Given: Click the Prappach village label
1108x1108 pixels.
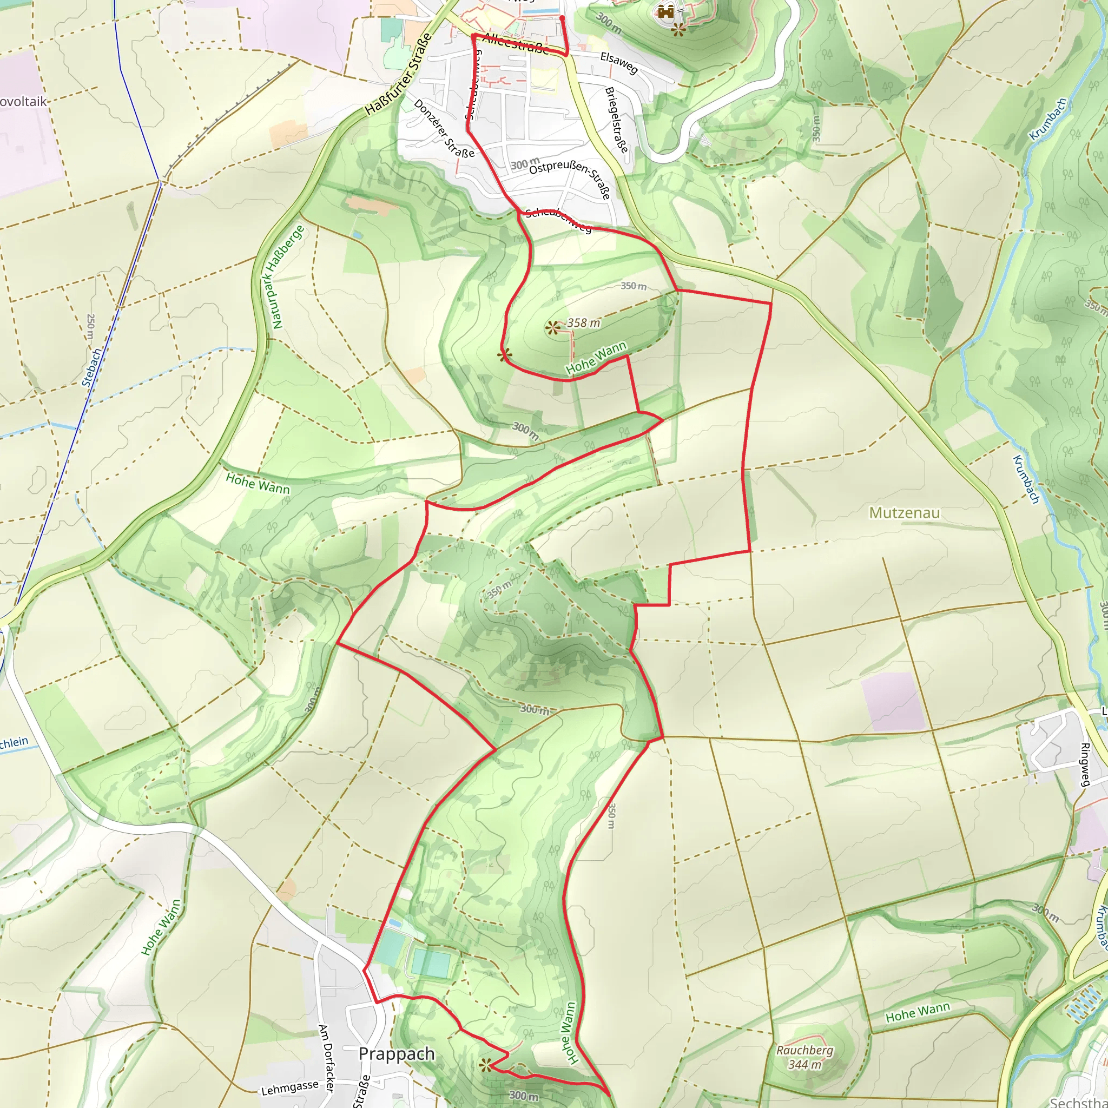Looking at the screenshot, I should (396, 1054).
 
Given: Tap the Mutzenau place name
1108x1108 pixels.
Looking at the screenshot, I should (905, 512).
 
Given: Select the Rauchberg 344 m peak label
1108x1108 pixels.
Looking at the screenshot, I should (804, 1058).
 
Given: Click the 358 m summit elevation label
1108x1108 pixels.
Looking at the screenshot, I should (584, 323).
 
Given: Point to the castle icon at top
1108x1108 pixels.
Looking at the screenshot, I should (665, 11).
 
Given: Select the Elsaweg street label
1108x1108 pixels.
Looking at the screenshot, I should (619, 63).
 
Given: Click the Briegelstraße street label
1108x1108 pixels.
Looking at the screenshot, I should (617, 120).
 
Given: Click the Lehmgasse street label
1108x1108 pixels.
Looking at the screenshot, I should (289, 1087).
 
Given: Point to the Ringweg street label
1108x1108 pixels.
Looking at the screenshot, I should (1085, 764).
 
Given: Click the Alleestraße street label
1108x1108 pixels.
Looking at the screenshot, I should (515, 44).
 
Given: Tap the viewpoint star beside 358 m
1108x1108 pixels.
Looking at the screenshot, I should (552, 328).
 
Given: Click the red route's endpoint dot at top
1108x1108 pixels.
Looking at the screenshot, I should (562, 18).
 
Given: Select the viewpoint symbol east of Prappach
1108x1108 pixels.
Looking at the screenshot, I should (486, 1065).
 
